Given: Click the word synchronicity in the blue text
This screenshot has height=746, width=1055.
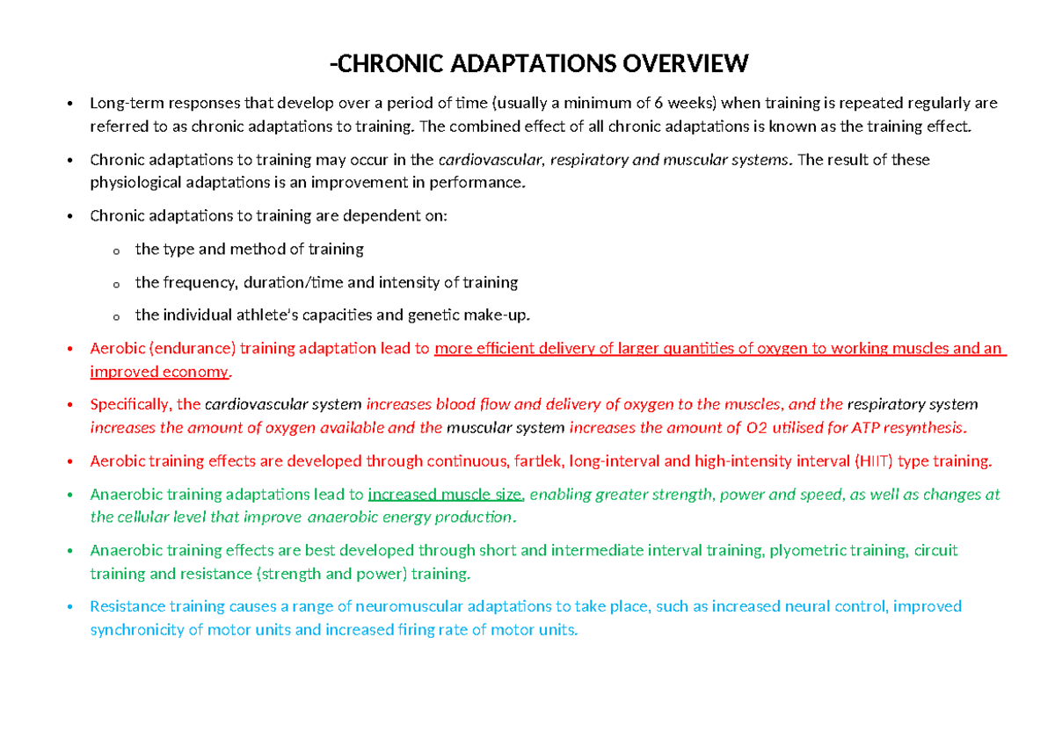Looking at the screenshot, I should (x=135, y=629).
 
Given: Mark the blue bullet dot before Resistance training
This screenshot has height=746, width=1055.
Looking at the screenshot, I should (x=69, y=607).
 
